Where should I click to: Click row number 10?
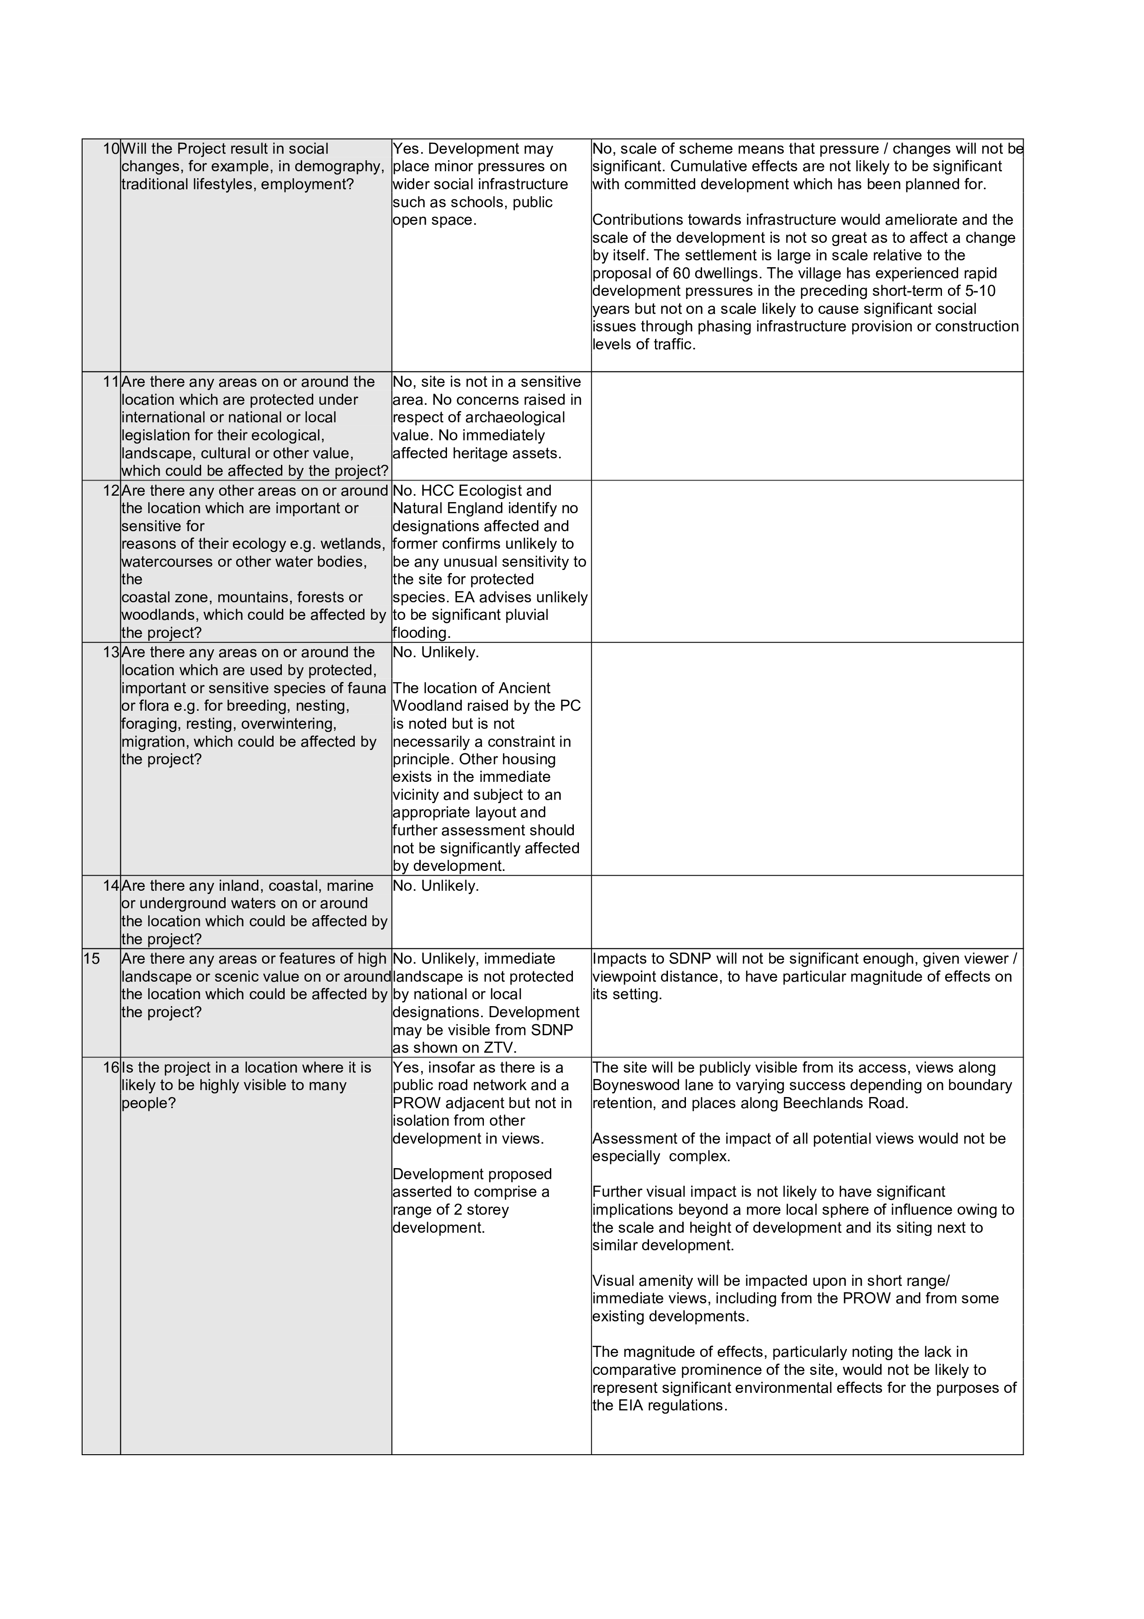[111, 149]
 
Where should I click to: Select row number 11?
[111, 382]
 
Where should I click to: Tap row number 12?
[111, 491]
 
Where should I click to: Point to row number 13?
[111, 652]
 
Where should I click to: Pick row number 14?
[111, 886]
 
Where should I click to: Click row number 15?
[92, 959]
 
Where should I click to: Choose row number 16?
[111, 1067]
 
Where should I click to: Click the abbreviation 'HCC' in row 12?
[438, 491]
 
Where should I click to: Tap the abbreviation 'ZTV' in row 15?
[498, 1048]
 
